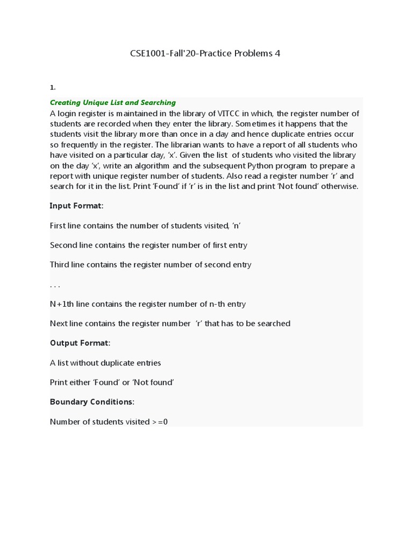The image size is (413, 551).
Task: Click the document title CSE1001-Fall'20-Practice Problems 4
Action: pyautogui.click(x=205, y=53)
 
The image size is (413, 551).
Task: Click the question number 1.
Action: pyautogui.click(x=53, y=87)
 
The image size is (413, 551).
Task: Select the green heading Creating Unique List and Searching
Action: pyautogui.click(x=113, y=102)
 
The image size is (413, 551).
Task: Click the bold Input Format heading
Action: pyautogui.click(x=76, y=206)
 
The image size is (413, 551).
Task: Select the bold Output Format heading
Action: pyautogui.click(x=80, y=343)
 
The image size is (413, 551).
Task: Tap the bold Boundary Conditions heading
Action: pyautogui.click(x=92, y=402)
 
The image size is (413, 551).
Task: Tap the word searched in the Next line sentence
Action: pyautogui.click(x=274, y=323)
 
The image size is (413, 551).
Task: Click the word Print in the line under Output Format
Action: pyautogui.click(x=59, y=383)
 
